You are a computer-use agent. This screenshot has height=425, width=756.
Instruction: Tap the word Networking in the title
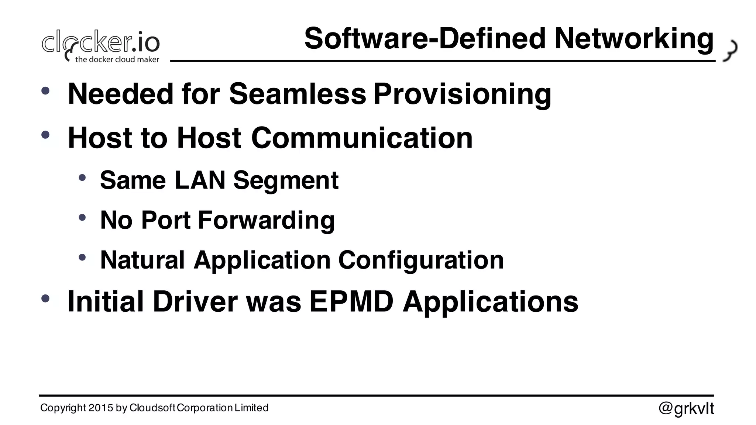click(x=633, y=39)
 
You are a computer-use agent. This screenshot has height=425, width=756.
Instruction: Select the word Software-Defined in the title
click(x=425, y=39)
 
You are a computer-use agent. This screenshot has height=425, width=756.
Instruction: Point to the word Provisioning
click(x=462, y=94)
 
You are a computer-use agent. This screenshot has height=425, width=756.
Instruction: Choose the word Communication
click(x=362, y=138)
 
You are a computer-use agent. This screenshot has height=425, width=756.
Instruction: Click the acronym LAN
click(x=200, y=180)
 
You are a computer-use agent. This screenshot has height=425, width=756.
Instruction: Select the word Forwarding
click(x=266, y=220)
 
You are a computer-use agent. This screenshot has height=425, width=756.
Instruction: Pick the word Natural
click(x=142, y=260)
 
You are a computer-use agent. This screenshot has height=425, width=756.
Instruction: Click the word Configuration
click(x=421, y=260)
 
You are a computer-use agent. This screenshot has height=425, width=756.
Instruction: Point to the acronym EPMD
click(x=351, y=301)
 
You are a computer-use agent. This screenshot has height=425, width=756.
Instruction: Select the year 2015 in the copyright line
click(x=101, y=408)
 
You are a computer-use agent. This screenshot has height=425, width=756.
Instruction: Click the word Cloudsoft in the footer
click(x=152, y=408)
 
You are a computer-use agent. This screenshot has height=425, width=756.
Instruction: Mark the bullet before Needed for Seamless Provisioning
click(x=45, y=91)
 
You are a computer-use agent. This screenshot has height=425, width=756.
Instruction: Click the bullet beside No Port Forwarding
click(x=82, y=217)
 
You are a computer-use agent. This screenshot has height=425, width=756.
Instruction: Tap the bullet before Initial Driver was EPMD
click(x=45, y=298)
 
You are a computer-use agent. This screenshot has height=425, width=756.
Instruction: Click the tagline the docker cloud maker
click(x=117, y=59)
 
